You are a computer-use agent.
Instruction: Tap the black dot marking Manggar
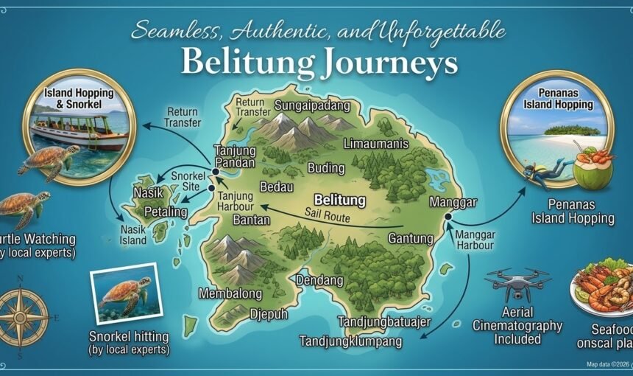point(447,216)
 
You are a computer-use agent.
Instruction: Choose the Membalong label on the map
point(230,293)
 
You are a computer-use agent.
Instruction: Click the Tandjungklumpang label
point(350,341)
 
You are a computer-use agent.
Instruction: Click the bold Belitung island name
point(339,199)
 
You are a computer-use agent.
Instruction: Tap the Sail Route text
point(328,215)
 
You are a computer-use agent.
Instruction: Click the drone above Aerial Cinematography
point(517,285)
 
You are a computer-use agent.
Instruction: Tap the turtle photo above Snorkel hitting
point(125,293)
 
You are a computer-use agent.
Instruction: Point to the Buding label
point(325,167)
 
